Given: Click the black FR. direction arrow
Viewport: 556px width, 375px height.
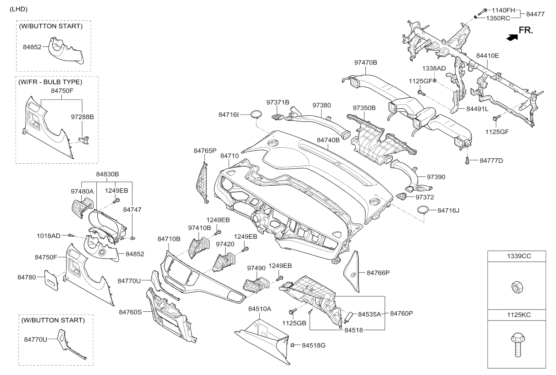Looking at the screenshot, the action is coord(512,38).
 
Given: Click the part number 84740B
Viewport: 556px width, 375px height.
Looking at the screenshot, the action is coord(328,140).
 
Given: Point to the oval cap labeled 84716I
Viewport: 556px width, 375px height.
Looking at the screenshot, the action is coord(256,114).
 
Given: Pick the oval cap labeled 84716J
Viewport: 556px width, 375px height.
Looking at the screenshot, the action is coord(423,210).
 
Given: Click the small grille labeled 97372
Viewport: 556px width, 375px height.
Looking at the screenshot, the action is coord(402,196).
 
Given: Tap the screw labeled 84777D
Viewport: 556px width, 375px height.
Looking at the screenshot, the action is coord(468,161).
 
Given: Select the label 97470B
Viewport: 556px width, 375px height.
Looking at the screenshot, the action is coord(366,62).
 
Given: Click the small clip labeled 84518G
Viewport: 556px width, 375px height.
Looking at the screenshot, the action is coord(292,345).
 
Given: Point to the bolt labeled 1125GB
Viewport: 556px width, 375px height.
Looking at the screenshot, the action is coord(292,311).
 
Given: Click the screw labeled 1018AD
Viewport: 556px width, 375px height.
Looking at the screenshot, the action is coord(71,235).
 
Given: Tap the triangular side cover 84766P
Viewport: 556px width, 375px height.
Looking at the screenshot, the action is coord(352,272).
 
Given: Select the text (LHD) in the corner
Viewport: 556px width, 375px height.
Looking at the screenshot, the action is coord(19,9).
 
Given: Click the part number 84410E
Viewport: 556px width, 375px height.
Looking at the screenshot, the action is coord(487,56).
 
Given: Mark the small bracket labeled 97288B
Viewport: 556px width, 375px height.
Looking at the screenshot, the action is coord(84,140).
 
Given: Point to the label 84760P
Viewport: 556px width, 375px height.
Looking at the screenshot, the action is coord(402,314).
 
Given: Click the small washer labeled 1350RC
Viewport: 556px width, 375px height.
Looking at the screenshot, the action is coord(474,17).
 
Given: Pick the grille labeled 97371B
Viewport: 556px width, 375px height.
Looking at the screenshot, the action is coord(278,117).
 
